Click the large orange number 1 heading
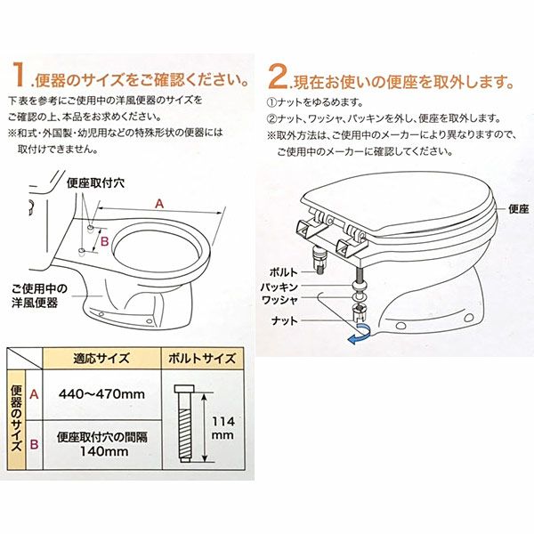(x=19, y=75)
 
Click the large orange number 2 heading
(x=278, y=77)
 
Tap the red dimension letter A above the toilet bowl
(x=159, y=204)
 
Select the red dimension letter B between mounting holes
(x=105, y=241)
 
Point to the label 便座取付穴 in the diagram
(x=96, y=183)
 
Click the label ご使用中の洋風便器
(x=39, y=295)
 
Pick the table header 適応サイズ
(x=101, y=359)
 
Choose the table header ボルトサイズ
(x=202, y=359)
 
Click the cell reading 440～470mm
(x=101, y=394)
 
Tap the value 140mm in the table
(x=104, y=451)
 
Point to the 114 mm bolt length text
(x=222, y=428)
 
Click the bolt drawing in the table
(x=184, y=424)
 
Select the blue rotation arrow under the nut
(x=360, y=334)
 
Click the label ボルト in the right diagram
(x=283, y=271)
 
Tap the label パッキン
(x=279, y=287)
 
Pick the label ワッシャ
(x=279, y=300)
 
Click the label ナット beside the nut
(x=285, y=320)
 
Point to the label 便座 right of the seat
(x=518, y=209)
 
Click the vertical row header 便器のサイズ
(x=16, y=419)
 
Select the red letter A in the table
(x=34, y=394)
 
